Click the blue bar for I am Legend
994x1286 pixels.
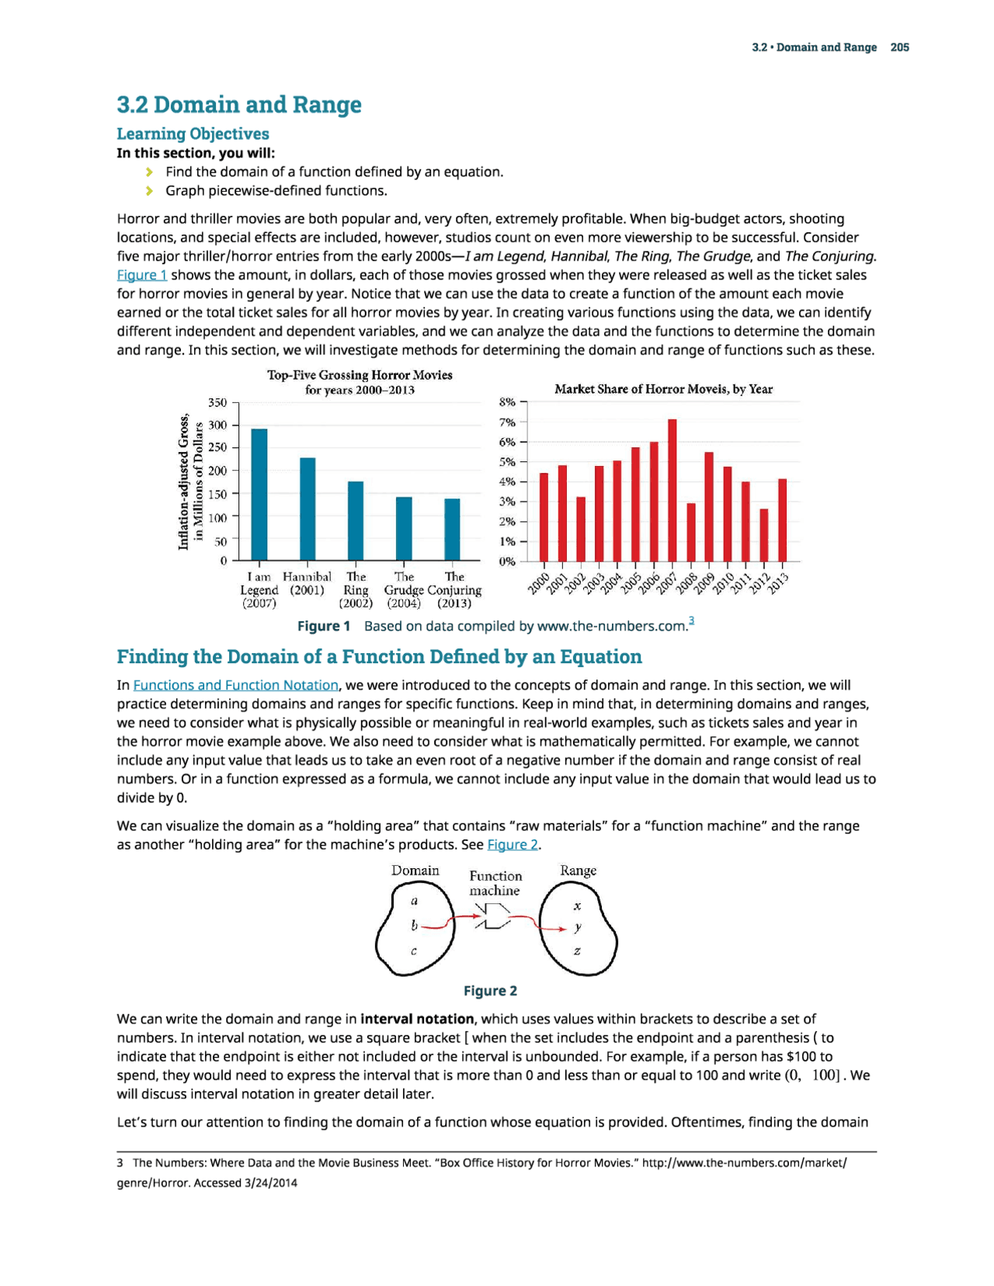pyautogui.click(x=259, y=494)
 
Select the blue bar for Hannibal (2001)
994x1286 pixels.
pyautogui.click(x=308, y=509)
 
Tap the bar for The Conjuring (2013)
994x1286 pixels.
pyautogui.click(x=452, y=529)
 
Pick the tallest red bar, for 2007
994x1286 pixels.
pyautogui.click(x=673, y=490)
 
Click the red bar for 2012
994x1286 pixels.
pyautogui.click(x=764, y=535)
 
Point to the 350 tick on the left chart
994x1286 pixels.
pyautogui.click(x=217, y=402)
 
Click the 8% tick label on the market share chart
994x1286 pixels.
pyautogui.click(x=507, y=402)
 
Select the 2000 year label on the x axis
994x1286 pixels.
pyautogui.click(x=538, y=583)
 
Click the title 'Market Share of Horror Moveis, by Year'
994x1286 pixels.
pyautogui.click(x=663, y=389)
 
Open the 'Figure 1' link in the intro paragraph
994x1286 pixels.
pyautogui.click(x=141, y=275)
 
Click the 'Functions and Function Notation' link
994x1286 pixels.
pyautogui.click(x=236, y=685)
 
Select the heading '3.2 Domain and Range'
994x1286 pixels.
pyautogui.click(x=239, y=104)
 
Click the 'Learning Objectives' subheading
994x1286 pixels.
pyautogui.click(x=193, y=134)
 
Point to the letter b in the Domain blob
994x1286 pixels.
pyautogui.click(x=415, y=926)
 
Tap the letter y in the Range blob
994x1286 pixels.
pyautogui.click(x=578, y=927)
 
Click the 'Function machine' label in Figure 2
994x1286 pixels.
pyautogui.click(x=495, y=883)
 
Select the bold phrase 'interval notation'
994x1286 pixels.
pyautogui.click(x=417, y=1019)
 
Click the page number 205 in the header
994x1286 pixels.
pyautogui.click(x=899, y=47)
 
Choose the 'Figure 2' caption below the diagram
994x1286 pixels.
pyautogui.click(x=490, y=991)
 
